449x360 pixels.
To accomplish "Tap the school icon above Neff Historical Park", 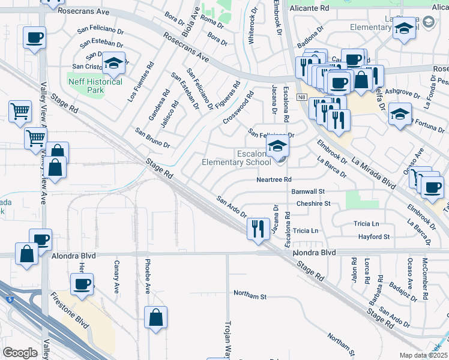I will [112, 63].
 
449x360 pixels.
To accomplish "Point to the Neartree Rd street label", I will [273, 179].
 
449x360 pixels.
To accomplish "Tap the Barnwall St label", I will [307, 191].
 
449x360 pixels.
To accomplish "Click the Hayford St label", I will [373, 237].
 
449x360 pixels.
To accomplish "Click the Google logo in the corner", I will [20, 352].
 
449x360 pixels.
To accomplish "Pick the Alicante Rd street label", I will [309, 8].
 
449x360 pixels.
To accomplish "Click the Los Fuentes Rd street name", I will [140, 80].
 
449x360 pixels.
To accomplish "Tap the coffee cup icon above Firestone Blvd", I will [82, 283].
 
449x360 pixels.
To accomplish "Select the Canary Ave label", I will [116, 277].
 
